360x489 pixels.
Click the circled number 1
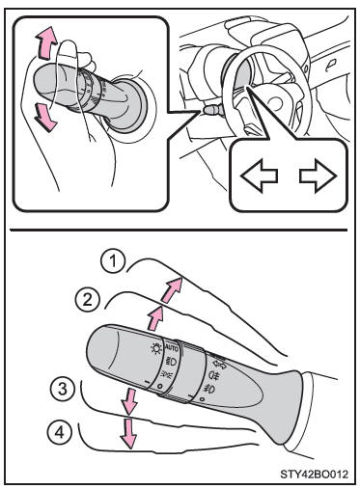click(113, 261)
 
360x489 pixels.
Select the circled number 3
click(63, 388)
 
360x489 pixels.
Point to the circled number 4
click(59, 432)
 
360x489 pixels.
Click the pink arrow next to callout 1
click(172, 290)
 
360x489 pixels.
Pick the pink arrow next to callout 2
click(155, 318)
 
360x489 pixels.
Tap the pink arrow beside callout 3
click(129, 400)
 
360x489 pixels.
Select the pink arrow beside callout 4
click(128, 432)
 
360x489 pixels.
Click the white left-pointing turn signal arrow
click(259, 176)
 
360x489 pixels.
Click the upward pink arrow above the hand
click(45, 43)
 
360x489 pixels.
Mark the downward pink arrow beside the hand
click(44, 117)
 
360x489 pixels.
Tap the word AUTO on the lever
click(172, 348)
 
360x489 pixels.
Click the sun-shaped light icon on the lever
click(156, 348)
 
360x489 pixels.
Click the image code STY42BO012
click(315, 475)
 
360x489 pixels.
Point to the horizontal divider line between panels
click(179, 230)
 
